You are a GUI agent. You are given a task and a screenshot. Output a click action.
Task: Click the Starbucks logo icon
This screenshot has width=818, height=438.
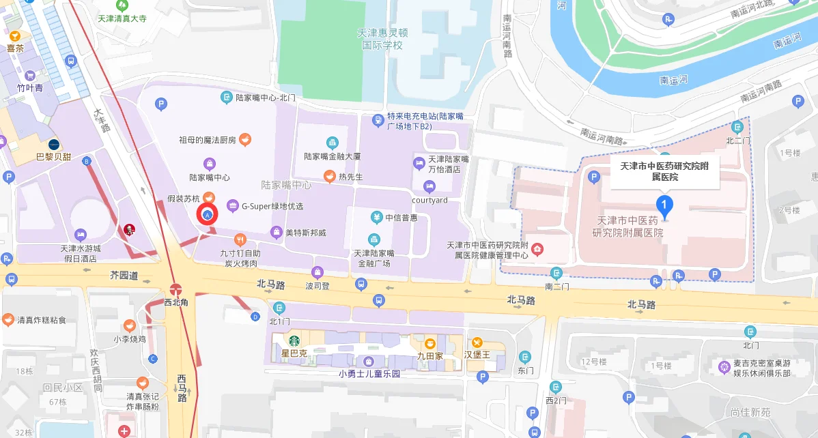tap(294, 340)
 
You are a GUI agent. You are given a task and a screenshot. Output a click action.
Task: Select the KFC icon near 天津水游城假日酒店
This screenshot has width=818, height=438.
tap(128, 229)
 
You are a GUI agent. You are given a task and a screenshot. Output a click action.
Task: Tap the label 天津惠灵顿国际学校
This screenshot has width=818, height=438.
tap(382, 39)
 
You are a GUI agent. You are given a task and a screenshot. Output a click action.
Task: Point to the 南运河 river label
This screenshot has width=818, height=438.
tap(673, 80)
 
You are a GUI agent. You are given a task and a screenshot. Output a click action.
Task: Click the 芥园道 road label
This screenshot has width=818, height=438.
tap(124, 276)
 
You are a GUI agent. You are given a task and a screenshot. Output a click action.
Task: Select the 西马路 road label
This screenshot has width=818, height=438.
tap(182, 388)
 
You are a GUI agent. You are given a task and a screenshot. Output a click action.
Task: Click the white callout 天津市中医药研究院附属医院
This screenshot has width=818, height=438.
tap(664, 171)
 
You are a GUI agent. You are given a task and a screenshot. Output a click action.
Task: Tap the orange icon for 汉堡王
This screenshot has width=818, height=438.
tap(477, 342)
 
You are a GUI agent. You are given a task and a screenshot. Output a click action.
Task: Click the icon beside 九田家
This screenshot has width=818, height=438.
tap(430, 343)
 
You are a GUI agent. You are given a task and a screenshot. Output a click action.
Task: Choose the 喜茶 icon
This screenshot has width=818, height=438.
tap(15, 35)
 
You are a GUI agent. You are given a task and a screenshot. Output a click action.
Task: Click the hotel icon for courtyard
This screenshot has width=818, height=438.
tap(429, 186)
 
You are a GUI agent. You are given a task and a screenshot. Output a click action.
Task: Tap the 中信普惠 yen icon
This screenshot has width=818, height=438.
tap(376, 218)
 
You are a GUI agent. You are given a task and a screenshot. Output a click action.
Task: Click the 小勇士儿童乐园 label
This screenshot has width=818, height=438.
tap(369, 374)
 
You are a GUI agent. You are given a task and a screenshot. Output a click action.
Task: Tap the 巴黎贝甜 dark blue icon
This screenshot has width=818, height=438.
tap(53, 145)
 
